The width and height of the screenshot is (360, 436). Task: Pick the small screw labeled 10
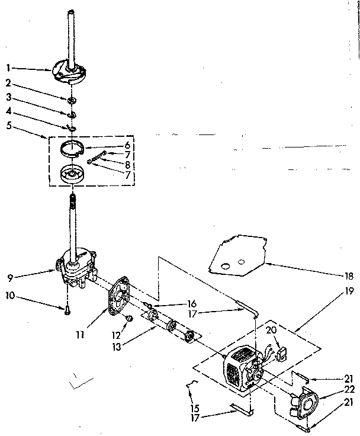coord(69,307)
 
